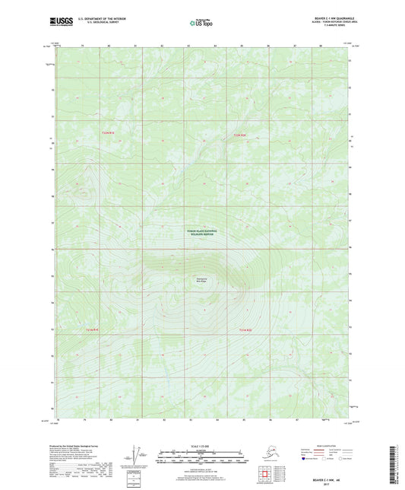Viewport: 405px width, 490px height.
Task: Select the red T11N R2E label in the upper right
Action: (x=239, y=135)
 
